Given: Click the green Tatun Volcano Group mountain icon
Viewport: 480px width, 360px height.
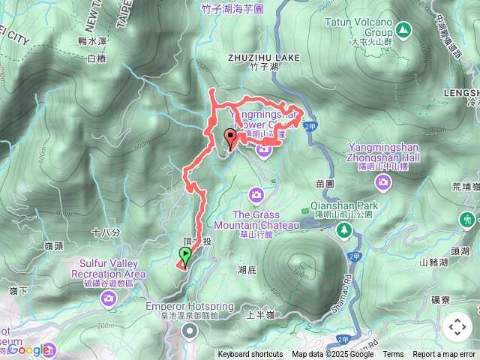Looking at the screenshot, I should point(403,30).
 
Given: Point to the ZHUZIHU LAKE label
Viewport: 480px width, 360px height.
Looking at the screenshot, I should point(264,57).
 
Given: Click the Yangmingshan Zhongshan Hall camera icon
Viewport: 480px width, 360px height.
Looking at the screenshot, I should point(384,182).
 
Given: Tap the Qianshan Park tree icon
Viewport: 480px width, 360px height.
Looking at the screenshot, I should point(344,230).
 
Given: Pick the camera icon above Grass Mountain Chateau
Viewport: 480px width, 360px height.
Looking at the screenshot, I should point(256,196).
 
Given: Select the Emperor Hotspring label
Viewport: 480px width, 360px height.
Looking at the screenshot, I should point(190,307).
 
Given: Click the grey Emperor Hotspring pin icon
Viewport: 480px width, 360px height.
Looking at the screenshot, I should point(190,331).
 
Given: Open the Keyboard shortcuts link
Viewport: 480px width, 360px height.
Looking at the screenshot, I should point(250,355).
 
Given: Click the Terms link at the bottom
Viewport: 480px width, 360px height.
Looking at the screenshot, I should point(393,355).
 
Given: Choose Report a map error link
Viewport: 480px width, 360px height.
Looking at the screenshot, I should point(444,355).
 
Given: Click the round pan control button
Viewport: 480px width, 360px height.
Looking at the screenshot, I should point(457,326).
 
